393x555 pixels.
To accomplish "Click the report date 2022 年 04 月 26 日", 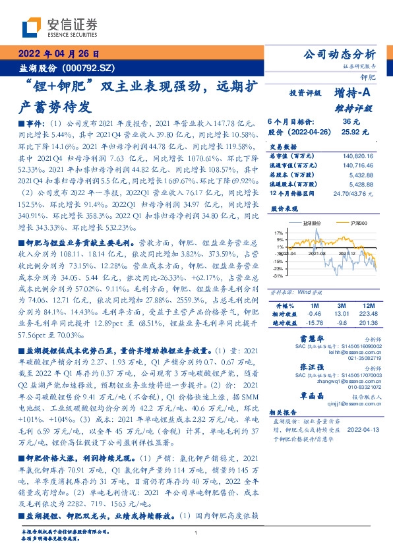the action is [57, 54].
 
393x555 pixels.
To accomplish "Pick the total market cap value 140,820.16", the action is [359, 156].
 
